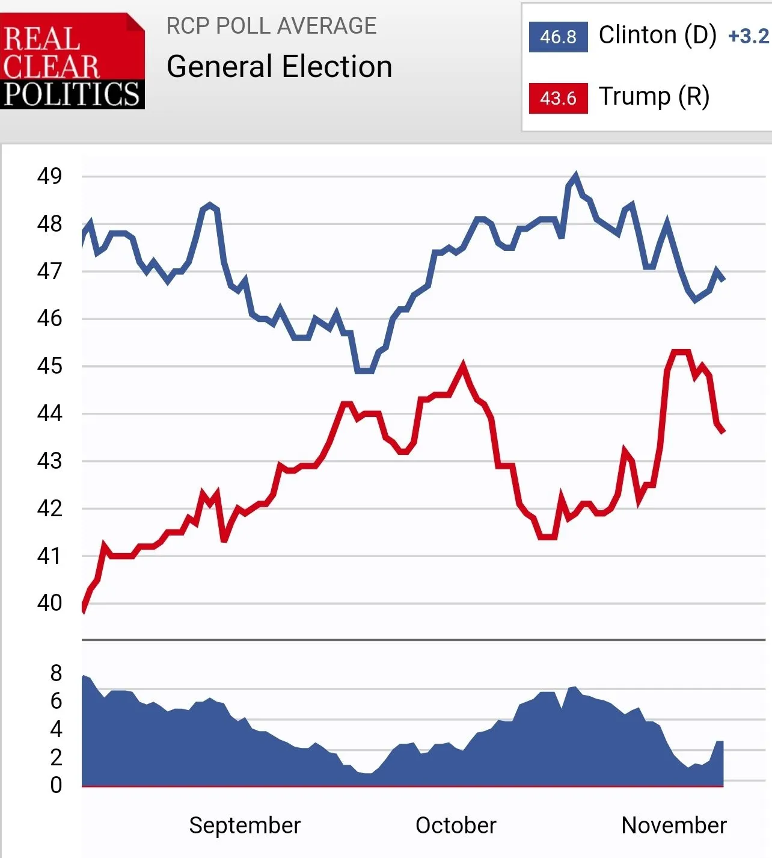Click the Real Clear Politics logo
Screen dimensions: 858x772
72,61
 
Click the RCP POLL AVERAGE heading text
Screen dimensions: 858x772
271,26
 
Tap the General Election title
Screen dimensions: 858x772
279,67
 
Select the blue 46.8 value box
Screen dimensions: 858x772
558,37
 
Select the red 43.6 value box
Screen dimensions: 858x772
558,98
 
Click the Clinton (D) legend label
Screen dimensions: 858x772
657,35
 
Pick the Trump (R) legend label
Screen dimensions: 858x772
654,96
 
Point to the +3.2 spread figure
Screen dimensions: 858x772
748,37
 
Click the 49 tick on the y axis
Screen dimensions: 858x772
49,176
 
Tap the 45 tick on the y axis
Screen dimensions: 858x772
49,366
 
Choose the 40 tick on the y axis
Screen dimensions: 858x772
49,603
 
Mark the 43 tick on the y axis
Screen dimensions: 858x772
49,461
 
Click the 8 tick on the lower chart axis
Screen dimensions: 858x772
56,673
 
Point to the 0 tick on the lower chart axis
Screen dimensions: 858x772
56,785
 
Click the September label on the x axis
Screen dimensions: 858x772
245,826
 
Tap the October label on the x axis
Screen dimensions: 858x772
456,826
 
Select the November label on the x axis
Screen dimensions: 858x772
673,826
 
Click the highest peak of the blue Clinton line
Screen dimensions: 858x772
576,176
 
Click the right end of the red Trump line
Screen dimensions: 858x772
723,431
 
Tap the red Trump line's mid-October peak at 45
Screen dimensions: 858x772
463,365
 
